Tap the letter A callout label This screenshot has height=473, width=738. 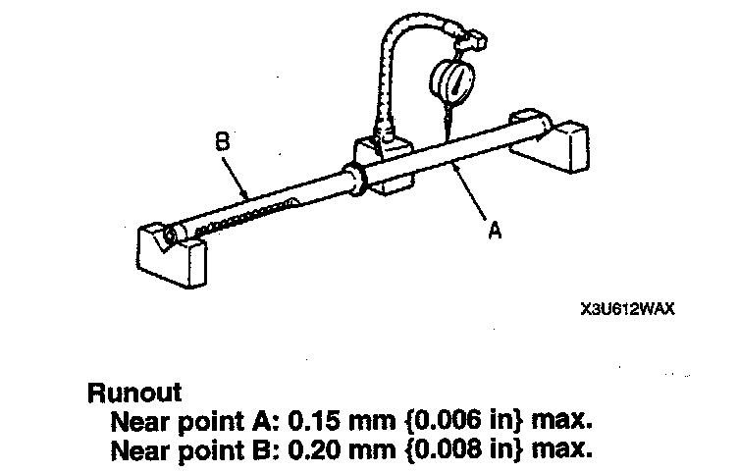tap(497, 232)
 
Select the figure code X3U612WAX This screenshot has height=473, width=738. tap(616, 307)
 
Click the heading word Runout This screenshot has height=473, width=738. tap(134, 394)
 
